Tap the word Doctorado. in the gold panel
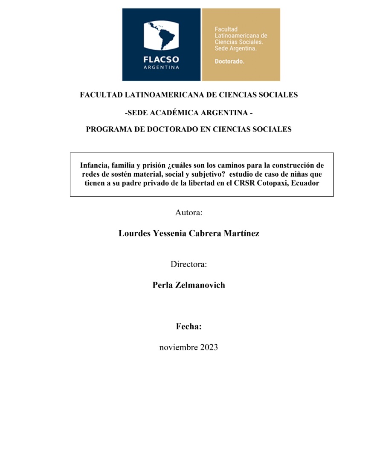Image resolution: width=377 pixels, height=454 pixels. click(x=229, y=62)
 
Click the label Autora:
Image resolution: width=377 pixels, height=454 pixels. click(x=188, y=212)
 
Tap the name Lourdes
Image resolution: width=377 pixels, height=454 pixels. click(x=133, y=234)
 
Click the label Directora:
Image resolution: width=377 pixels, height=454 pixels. click(x=188, y=264)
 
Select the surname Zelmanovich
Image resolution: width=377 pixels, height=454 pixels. click(x=200, y=285)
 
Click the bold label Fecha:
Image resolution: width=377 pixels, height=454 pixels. click(x=188, y=327)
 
